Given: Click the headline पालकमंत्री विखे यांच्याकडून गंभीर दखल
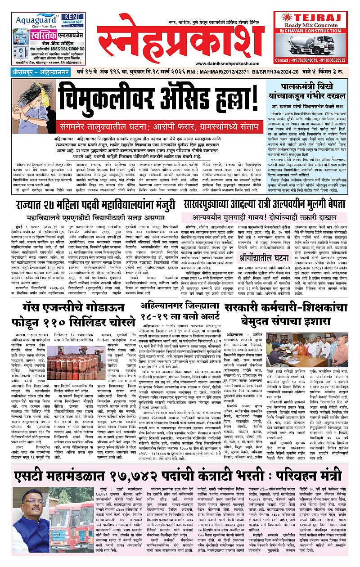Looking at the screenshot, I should [310, 92].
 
